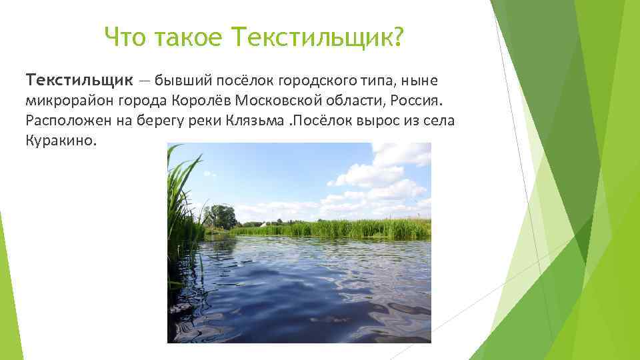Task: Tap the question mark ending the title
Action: [399, 39]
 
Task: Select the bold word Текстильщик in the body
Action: [79, 81]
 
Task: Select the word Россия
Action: [416, 101]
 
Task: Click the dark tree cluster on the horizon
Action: [221, 217]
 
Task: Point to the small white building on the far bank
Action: [265, 223]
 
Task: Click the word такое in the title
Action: [188, 39]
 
